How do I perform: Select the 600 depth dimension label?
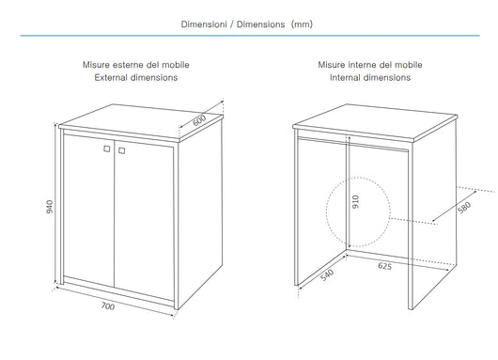tap(200, 120)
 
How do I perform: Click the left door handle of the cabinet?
tap(104, 150)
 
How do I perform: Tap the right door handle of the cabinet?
tap(120, 150)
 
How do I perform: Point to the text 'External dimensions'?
tap(135, 79)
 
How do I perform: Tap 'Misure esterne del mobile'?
tap(135, 65)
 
